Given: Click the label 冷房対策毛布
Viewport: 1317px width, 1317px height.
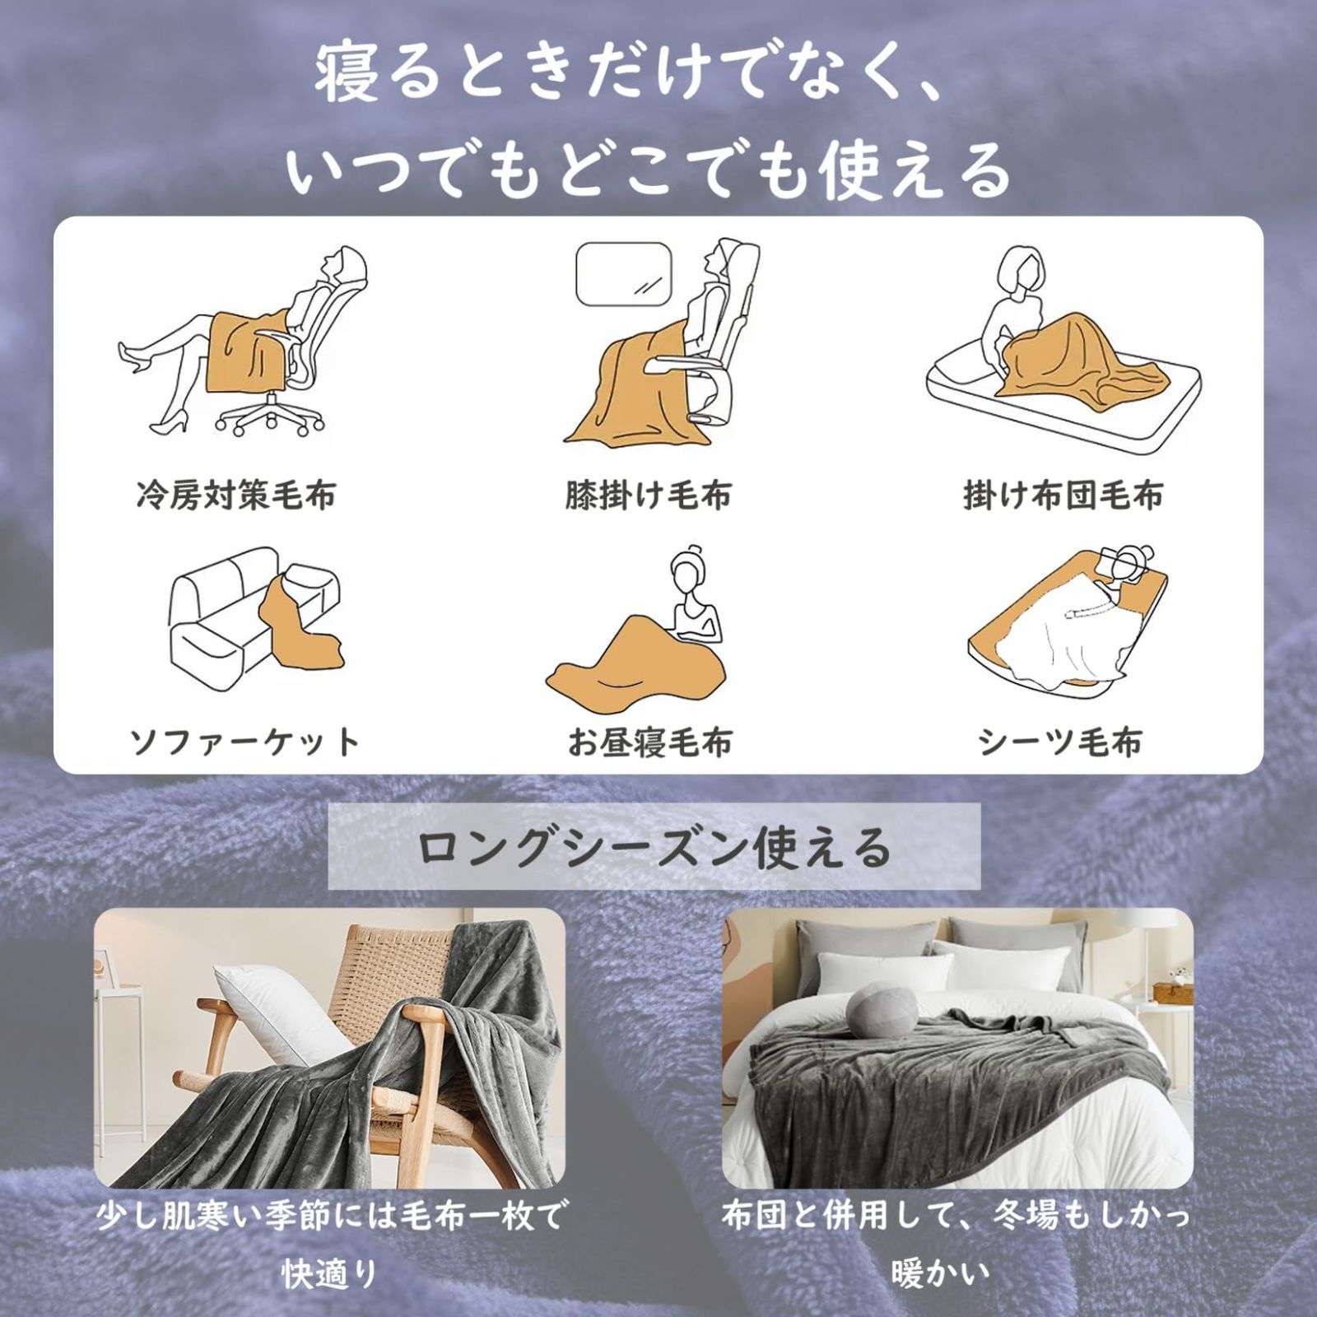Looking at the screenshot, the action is [236, 496].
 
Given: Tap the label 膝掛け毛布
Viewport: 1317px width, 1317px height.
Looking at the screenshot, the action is [649, 496].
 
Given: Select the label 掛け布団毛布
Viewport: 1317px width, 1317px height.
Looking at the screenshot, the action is [1063, 496].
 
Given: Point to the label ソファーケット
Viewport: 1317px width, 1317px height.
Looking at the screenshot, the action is [245, 742].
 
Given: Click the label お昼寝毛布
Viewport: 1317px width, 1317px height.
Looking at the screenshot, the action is [649, 742].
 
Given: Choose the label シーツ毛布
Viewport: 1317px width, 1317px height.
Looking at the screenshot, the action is [1060, 742].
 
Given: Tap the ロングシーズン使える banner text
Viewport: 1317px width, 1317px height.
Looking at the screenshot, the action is [654, 847].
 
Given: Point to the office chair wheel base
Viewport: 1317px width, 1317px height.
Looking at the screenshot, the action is [269, 416].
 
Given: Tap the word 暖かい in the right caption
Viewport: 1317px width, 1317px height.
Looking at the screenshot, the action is [940, 1275].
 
